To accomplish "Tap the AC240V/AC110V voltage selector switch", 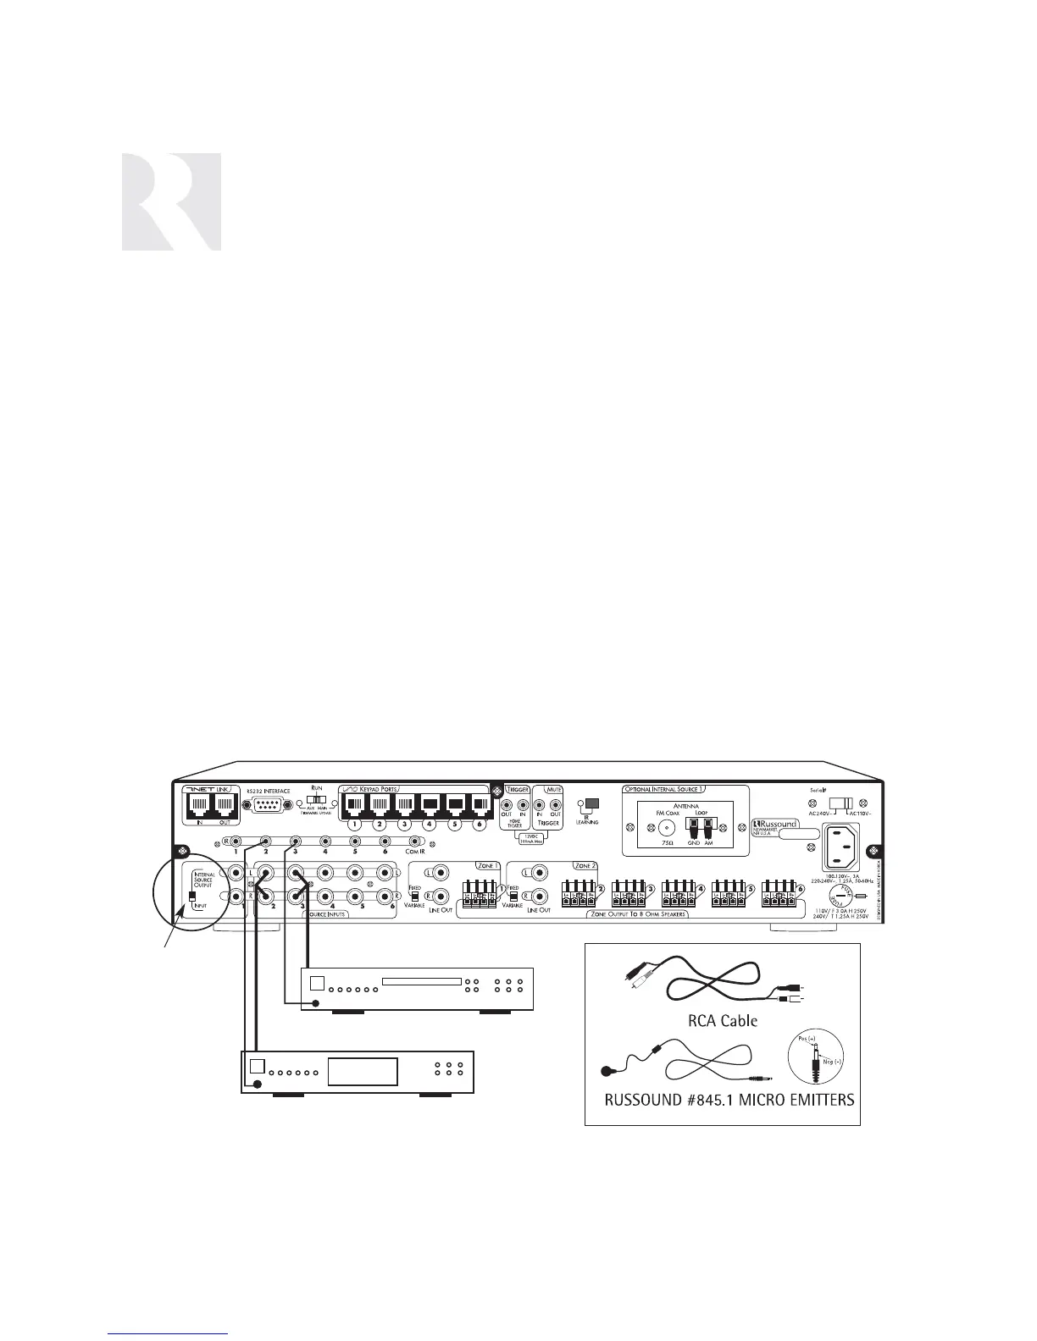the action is tap(840, 802).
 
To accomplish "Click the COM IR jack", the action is tap(415, 842).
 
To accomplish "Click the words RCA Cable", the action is tap(721, 1021).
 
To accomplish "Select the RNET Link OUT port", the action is tap(225, 804).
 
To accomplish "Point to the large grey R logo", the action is tap(171, 201).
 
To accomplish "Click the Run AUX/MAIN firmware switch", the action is tap(316, 799).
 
